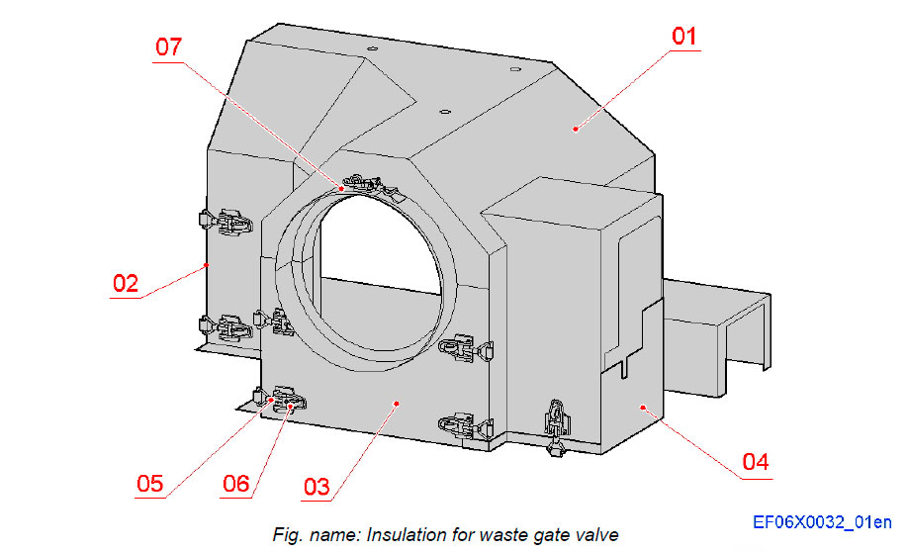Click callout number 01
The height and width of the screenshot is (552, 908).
coord(684,37)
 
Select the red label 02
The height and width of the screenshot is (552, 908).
coord(125,283)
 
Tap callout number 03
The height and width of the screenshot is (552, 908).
coord(316,487)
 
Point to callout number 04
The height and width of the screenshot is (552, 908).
coord(755,462)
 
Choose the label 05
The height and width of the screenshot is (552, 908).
coord(149,483)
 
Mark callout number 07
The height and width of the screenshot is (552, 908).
coord(169,46)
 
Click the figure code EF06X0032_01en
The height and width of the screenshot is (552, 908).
coord(821,521)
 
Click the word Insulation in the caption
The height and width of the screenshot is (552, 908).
coord(406,535)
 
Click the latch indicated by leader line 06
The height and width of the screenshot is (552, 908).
coord(287,400)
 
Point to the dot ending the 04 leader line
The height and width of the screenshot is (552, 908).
coord(643,406)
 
